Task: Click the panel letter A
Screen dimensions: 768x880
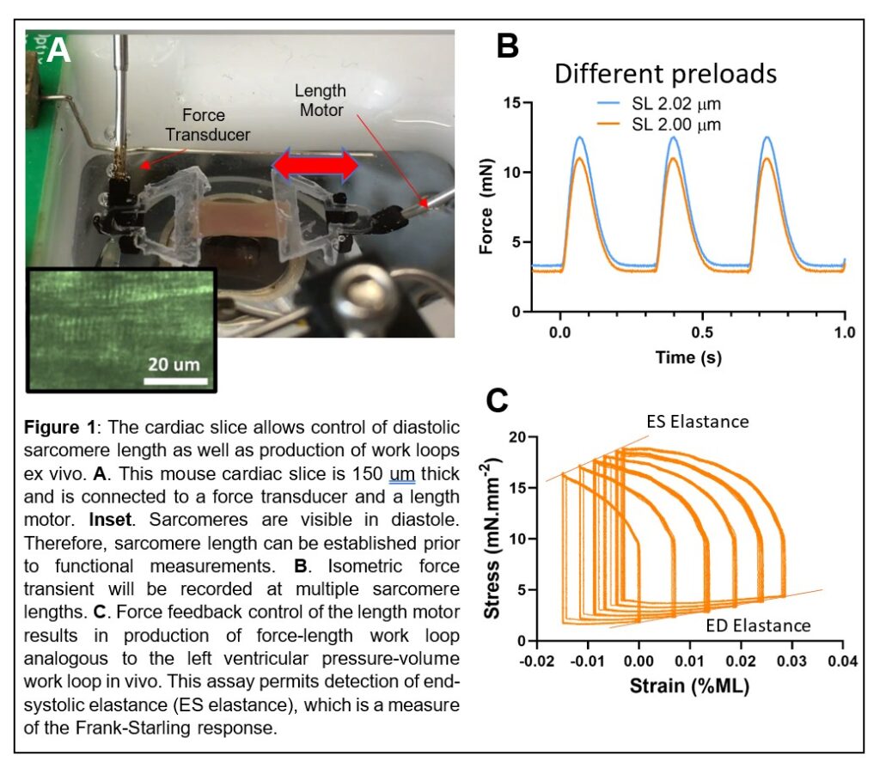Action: tap(58, 51)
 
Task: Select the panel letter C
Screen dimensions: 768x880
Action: tap(498, 400)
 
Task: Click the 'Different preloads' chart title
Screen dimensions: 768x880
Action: tap(665, 73)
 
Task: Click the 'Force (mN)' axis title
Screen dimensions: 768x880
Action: tap(486, 207)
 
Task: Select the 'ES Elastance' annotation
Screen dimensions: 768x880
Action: tap(697, 422)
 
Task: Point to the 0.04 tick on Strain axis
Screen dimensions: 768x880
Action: tap(843, 662)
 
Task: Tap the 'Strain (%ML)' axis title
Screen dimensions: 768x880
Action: tap(687, 686)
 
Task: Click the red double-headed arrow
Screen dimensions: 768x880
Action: tap(315, 165)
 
